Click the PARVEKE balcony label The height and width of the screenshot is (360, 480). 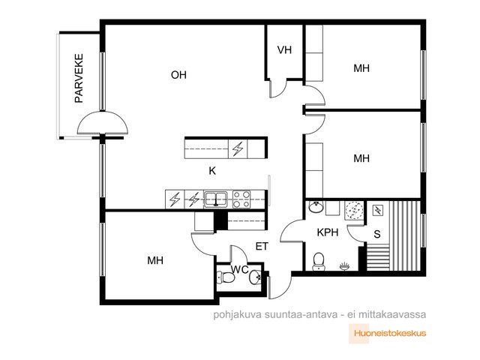(79, 78)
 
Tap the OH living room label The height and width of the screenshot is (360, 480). (178, 75)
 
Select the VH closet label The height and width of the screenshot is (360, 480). (284, 50)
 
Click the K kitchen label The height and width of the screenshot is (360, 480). (212, 171)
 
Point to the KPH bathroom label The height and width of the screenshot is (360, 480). (328, 232)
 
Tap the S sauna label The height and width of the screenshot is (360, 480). (377, 234)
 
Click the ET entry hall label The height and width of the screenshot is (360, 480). (262, 247)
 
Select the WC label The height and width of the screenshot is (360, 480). (240, 270)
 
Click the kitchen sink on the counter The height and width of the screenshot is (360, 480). (216, 199)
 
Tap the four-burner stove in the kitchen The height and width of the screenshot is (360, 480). (241, 199)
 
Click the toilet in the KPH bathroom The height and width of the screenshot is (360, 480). (319, 262)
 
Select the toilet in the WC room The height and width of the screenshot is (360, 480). (226, 277)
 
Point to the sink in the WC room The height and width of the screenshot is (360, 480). (255, 277)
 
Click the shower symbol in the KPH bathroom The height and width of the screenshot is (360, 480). (354, 210)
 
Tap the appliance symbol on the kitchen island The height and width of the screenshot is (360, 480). (238, 149)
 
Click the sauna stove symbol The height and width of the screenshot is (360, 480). (377, 210)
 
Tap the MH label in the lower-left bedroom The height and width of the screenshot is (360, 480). (155, 260)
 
